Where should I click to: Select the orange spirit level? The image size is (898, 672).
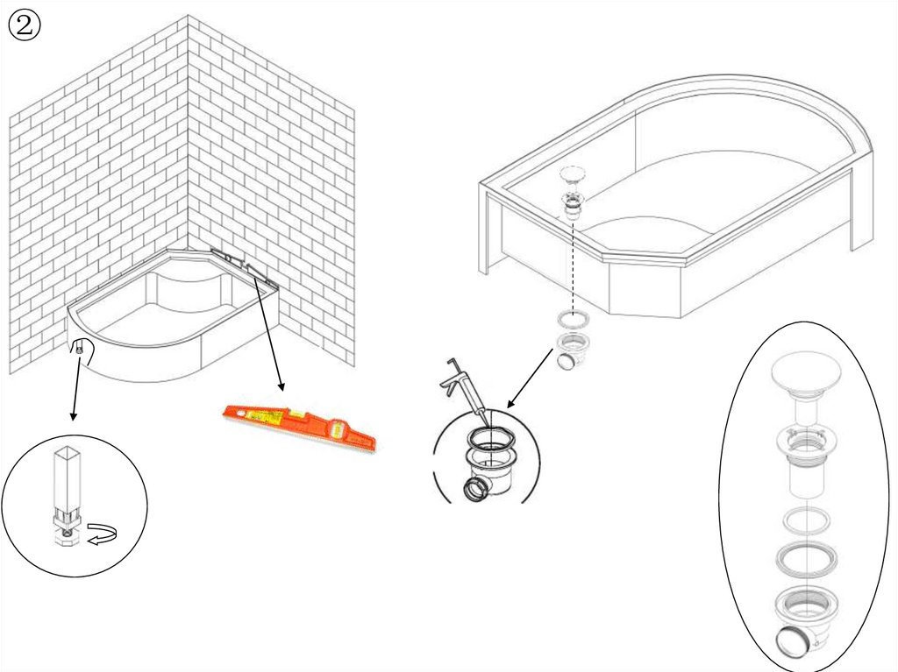point(299,427)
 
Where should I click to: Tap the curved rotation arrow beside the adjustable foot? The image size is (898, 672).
point(102,534)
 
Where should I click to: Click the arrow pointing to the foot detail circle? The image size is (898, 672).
point(75,384)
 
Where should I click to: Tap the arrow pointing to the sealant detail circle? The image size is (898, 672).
point(531,378)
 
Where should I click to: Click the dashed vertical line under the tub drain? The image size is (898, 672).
point(573,265)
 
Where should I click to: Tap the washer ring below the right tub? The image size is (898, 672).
point(573,320)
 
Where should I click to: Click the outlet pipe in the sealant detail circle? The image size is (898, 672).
point(476,490)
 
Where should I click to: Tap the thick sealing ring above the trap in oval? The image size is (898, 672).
point(806,558)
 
